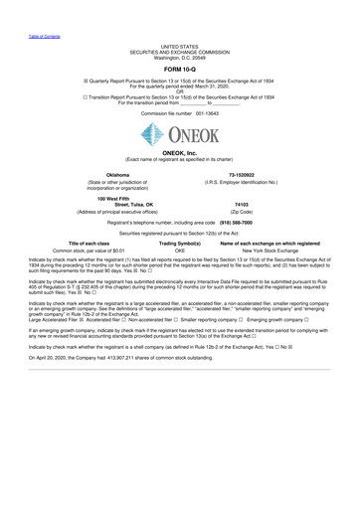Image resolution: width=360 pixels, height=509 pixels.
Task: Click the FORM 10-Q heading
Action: [179, 69]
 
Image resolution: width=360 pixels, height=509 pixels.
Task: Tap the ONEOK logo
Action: [180, 131]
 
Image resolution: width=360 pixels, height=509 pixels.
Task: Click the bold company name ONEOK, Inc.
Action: [179, 152]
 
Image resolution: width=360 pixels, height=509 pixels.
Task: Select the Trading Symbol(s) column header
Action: [180, 244]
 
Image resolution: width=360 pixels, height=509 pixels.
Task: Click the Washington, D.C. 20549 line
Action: [179, 56]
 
